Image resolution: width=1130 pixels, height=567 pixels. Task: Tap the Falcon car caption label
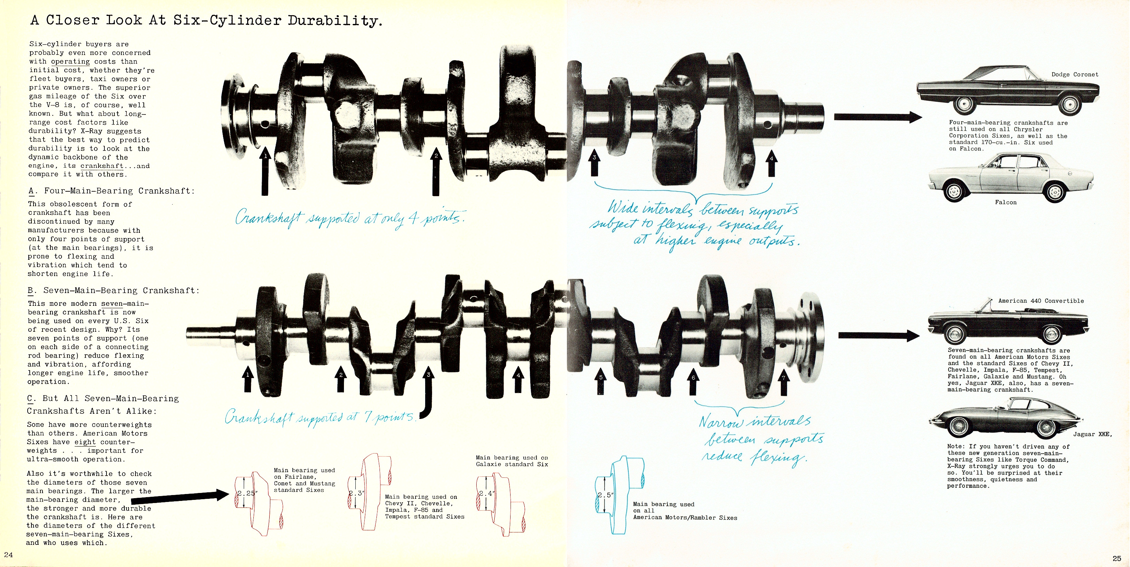tap(1006, 202)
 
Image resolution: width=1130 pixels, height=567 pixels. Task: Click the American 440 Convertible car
tap(1008, 323)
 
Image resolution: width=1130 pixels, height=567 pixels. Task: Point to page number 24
tap(8, 554)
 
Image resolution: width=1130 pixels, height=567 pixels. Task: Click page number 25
tap(1117, 558)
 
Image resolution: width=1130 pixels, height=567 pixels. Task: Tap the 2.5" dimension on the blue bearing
tap(605, 495)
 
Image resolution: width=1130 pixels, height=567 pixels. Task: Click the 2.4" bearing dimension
tap(486, 493)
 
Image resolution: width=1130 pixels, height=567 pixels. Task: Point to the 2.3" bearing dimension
tap(356, 493)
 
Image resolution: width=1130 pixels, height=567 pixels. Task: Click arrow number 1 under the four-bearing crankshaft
tap(265, 171)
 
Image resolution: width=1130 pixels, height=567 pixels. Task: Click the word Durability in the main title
tap(334, 20)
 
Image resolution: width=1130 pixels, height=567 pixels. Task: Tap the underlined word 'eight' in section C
tap(85, 442)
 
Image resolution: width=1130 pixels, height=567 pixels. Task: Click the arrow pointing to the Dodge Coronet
tap(878, 117)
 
